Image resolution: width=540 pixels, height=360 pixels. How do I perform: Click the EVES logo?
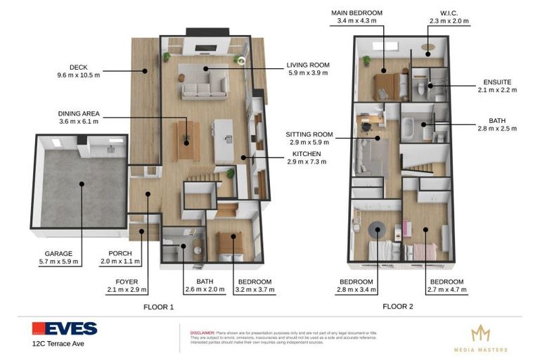pos(65,328)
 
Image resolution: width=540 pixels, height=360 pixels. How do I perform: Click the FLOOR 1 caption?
pos(158,307)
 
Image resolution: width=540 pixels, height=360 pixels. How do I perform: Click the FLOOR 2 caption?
pos(397,307)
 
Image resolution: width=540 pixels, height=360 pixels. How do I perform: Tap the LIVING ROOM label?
pos(307,65)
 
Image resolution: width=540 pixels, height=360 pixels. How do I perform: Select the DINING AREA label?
pos(79,113)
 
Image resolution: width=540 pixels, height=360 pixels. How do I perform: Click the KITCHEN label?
pos(307,153)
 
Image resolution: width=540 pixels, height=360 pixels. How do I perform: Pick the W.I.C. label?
pos(449,13)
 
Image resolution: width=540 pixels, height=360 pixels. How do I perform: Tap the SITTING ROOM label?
pos(309,134)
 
